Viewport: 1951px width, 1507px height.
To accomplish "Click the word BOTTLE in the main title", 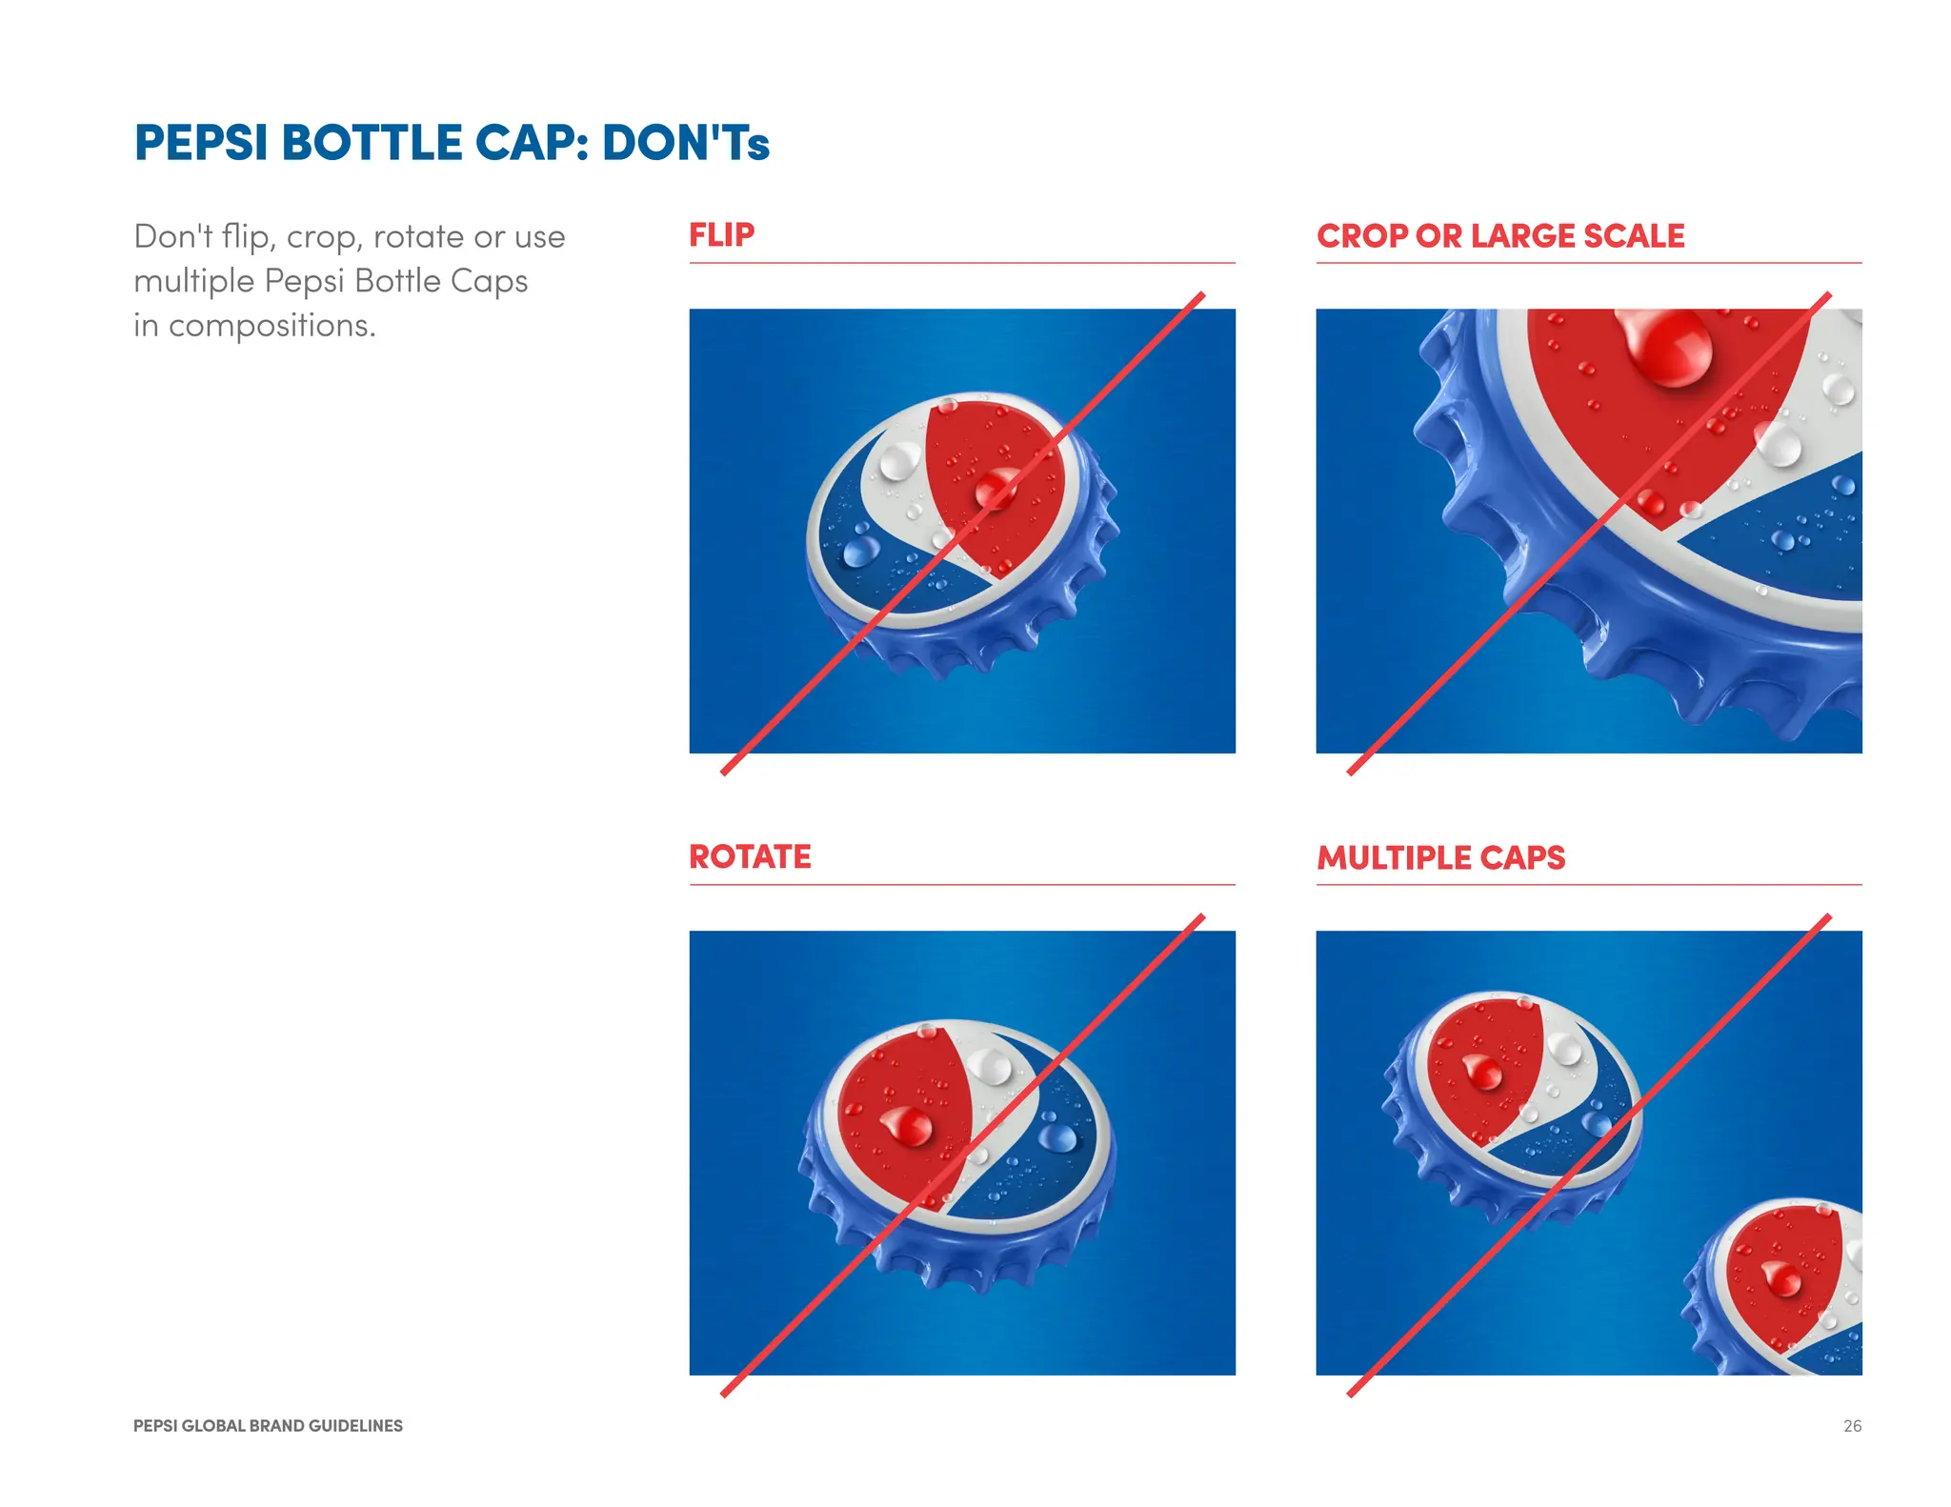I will (372, 143).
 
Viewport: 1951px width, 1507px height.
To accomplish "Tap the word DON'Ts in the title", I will (685, 143).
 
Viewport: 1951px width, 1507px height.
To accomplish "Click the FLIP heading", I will (721, 234).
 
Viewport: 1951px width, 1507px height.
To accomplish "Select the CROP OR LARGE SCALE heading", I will (1499, 235).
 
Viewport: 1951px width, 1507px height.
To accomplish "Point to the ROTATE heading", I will (750, 856).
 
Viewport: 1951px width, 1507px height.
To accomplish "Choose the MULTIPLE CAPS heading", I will (1440, 857).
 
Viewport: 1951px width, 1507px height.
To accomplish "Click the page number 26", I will (1851, 1426).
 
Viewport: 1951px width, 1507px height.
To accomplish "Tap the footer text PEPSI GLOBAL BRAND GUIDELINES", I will (268, 1426).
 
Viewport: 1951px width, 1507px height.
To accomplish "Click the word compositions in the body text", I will (272, 326).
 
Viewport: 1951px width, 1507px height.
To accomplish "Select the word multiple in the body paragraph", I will (193, 281).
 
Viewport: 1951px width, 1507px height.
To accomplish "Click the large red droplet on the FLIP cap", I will (996, 488).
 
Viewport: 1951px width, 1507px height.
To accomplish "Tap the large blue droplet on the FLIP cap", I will (860, 551).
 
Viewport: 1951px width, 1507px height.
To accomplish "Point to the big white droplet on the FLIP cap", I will (898, 462).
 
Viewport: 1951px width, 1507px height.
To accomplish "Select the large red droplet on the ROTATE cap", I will (911, 1126).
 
